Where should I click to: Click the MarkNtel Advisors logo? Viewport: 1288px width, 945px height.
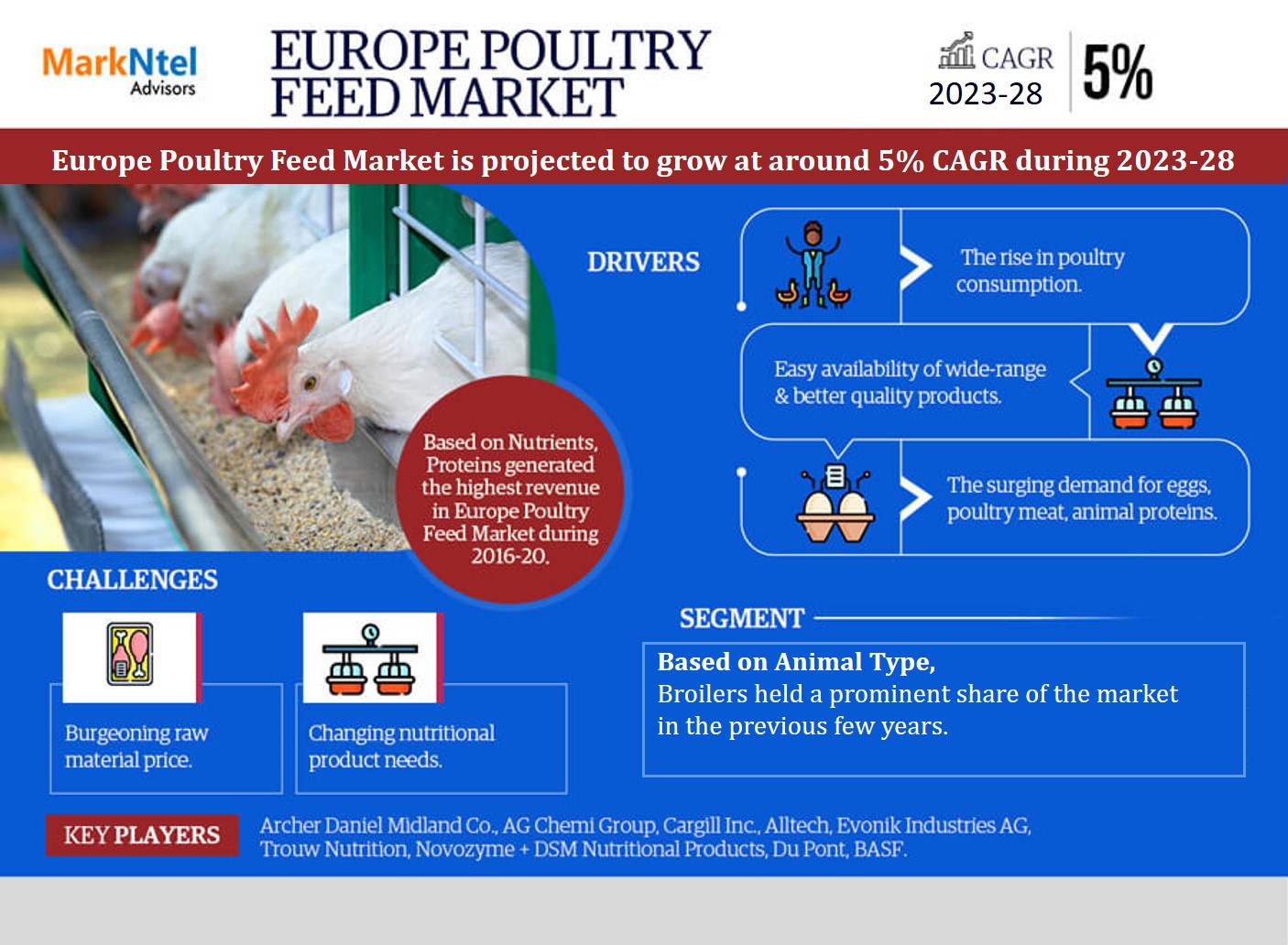point(120,71)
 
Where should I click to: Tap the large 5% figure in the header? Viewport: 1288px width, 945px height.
point(1118,72)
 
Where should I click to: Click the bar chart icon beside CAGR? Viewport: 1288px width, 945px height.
point(956,50)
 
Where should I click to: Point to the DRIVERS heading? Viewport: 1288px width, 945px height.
point(643,262)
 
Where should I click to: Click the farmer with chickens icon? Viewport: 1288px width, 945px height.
point(813,265)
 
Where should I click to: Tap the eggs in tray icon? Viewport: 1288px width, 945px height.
point(835,504)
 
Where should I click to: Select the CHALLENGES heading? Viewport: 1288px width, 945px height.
point(132,580)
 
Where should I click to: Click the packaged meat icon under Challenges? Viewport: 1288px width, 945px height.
point(130,654)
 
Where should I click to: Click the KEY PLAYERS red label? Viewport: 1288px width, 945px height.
point(142,835)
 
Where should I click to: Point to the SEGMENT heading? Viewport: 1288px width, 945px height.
point(742,618)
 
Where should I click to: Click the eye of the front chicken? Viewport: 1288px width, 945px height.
point(310,381)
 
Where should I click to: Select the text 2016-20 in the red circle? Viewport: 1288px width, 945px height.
point(510,556)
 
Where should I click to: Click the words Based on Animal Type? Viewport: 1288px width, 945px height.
point(796,662)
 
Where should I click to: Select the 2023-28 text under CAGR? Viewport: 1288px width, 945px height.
point(986,93)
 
